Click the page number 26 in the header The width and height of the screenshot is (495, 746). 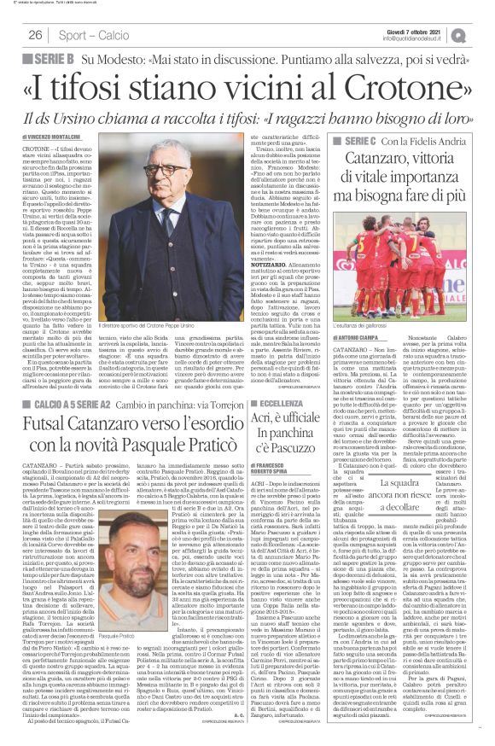point(36,34)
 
